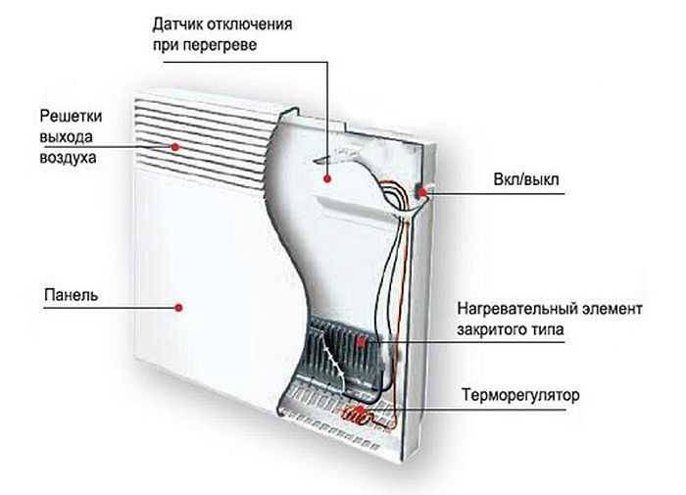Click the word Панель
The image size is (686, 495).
tap(71, 295)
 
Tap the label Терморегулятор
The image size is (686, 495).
tap(520, 395)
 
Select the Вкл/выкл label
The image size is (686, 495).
tap(526, 179)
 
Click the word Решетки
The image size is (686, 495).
tap(71, 117)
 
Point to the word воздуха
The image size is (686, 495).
tap(68, 158)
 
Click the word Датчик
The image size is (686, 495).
tap(177, 25)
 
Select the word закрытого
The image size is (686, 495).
tap(486, 329)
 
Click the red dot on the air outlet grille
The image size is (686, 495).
tap(175, 147)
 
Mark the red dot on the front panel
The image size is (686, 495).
tap(178, 308)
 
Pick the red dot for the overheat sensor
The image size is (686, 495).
tap(327, 178)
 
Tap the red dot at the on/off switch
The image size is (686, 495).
tap(422, 192)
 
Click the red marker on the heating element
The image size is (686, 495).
tap(362, 342)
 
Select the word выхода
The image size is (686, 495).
tap(66, 137)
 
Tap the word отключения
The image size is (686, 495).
tap(249, 25)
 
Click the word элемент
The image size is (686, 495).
tap(612, 309)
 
